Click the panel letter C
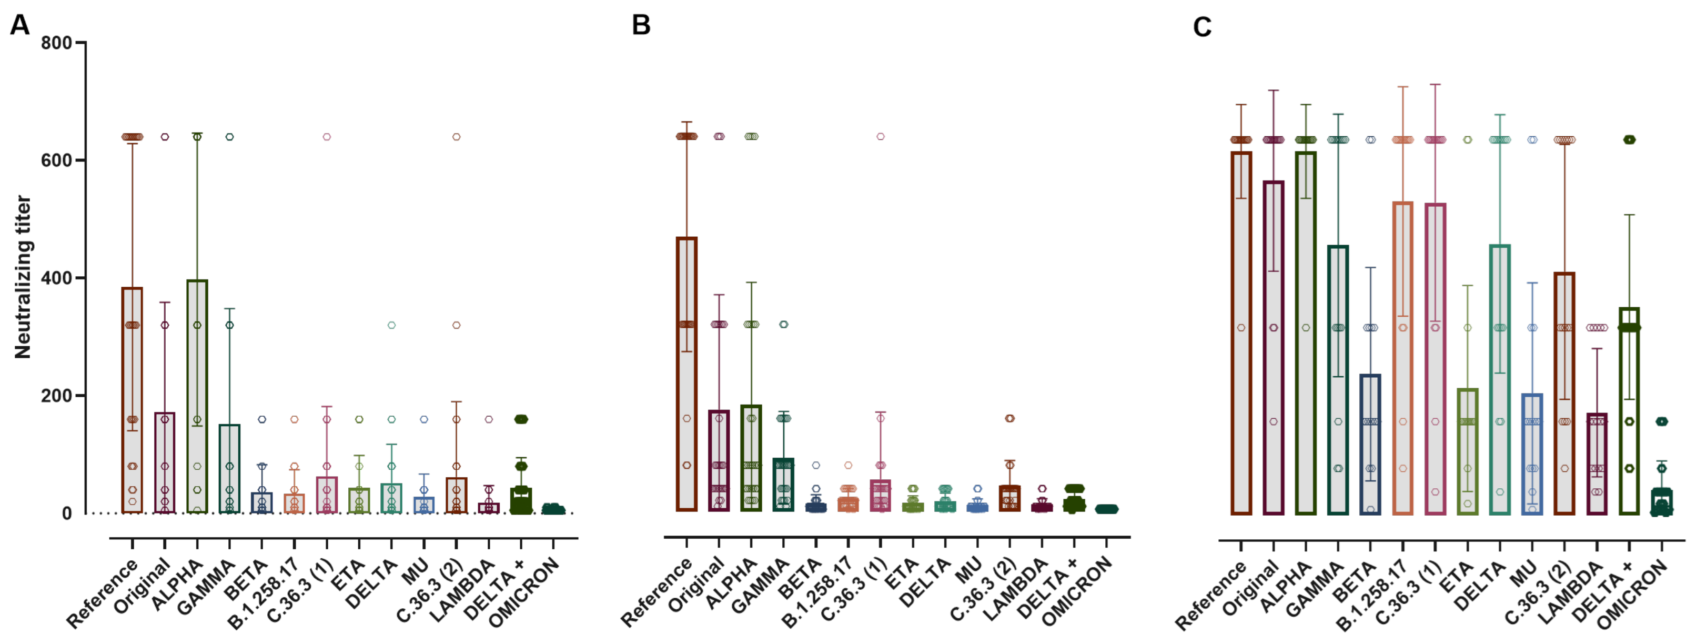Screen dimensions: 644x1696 pos(1202,28)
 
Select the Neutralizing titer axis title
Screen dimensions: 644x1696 pos(23,277)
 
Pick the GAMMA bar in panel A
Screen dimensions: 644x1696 pos(229,468)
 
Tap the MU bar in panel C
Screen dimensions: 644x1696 pos(1532,455)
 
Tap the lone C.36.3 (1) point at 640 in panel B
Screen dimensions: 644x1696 pos(880,137)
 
